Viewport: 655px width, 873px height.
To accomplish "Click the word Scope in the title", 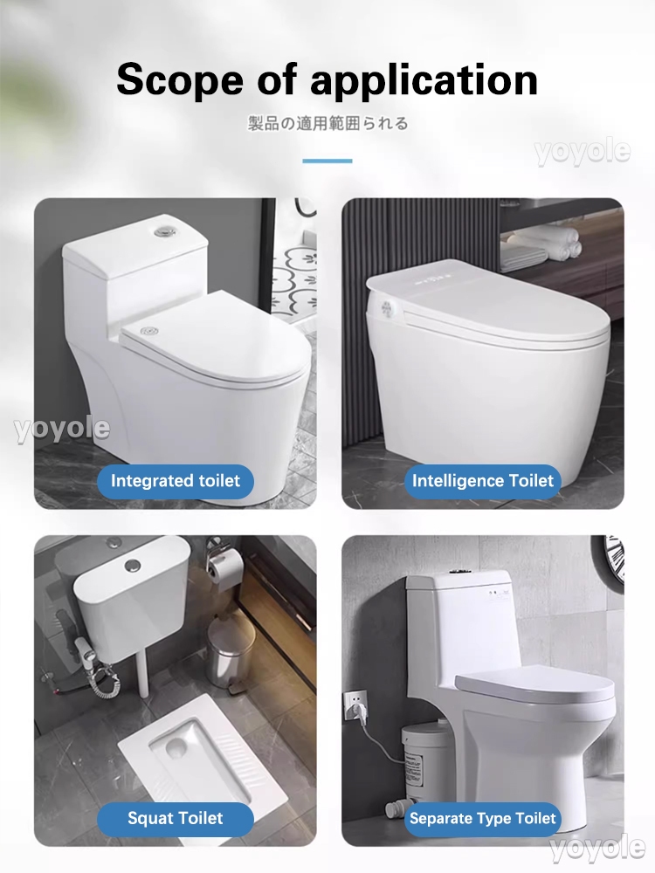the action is click(x=180, y=79).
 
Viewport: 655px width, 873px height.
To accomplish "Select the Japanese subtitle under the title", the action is click(x=328, y=123).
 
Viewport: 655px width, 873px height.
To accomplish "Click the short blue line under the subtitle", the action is click(x=327, y=161).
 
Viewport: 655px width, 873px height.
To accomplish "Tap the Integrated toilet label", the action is click(x=176, y=481).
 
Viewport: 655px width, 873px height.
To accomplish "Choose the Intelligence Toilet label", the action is click(x=482, y=481).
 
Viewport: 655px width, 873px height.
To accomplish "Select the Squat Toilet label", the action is click(x=176, y=819).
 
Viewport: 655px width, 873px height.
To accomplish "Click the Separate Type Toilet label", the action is click(x=482, y=819).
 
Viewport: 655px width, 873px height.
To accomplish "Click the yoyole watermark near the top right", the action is click(x=583, y=152).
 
